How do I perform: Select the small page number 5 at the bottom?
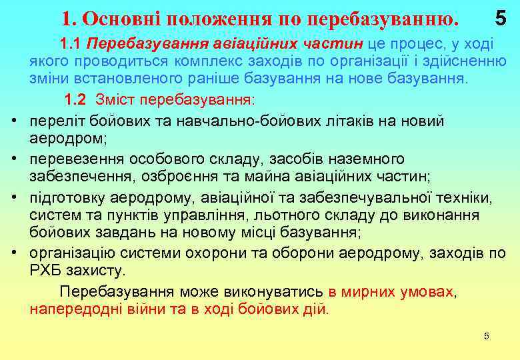click(x=487, y=336)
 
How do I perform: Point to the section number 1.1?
click(x=70, y=45)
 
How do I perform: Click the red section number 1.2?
click(x=75, y=99)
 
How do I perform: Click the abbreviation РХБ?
click(x=45, y=271)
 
